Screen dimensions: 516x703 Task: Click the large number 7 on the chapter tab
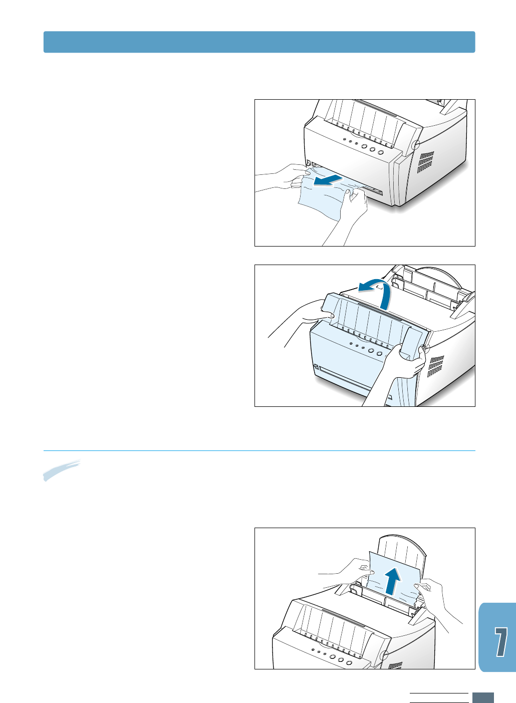(x=499, y=641)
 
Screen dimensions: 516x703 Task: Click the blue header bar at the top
(x=259, y=42)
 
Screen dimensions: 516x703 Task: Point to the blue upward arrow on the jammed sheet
(x=393, y=581)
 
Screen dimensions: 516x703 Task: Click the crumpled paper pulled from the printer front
(x=321, y=198)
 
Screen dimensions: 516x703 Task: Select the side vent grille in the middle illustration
(x=436, y=366)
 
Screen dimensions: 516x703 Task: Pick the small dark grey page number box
(x=483, y=697)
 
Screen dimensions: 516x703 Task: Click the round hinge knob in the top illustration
(x=415, y=145)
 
